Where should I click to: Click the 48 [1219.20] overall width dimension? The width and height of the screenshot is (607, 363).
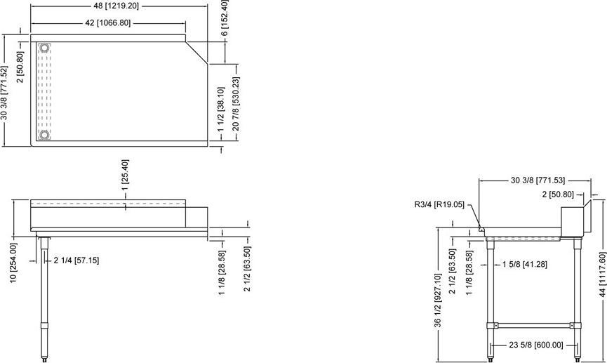click(x=119, y=6)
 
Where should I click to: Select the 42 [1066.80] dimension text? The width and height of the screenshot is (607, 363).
click(x=107, y=23)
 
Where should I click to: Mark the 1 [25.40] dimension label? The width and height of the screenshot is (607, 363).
click(x=125, y=178)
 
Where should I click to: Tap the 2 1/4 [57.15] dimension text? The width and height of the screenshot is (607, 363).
click(x=76, y=260)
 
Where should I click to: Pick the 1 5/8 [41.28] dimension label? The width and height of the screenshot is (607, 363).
click(x=526, y=265)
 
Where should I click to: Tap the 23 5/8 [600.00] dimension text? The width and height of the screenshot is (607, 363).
click(x=537, y=345)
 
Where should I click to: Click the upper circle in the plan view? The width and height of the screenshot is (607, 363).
click(x=45, y=48)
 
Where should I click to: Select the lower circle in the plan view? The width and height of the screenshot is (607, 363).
click(x=45, y=134)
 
